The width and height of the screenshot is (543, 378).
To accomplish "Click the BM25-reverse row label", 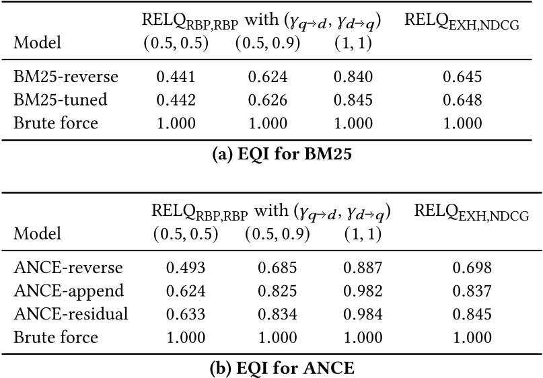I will coord(66,77).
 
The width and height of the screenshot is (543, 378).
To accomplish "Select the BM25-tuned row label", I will coord(61,100).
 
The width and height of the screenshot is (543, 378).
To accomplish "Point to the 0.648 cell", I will coord(462,100).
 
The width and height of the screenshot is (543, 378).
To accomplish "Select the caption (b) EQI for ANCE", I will coord(271,367).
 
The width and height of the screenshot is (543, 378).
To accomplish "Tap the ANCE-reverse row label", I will coord(68,268).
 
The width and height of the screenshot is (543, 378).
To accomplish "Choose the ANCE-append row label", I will coord(69,291).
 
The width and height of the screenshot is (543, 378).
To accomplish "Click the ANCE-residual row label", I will coord(71,314).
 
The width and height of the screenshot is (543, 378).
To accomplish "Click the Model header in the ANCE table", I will coord(37,233).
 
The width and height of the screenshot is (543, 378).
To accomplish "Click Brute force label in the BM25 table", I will coord(56,123).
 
